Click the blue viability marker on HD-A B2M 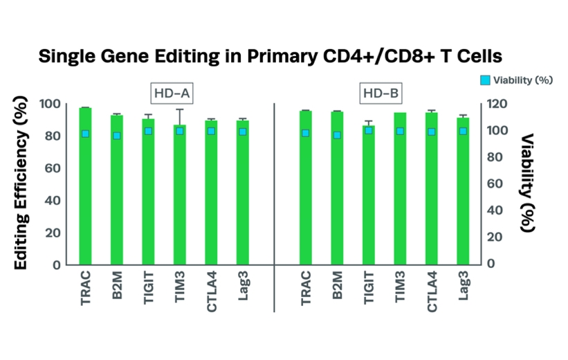click(x=117, y=136)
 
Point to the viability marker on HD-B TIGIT click(x=368, y=130)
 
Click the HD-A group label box click(x=171, y=93)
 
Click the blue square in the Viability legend click(x=486, y=80)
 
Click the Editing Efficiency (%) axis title click(x=21, y=183)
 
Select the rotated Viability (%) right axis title click(x=529, y=183)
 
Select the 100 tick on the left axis click(x=51, y=104)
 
